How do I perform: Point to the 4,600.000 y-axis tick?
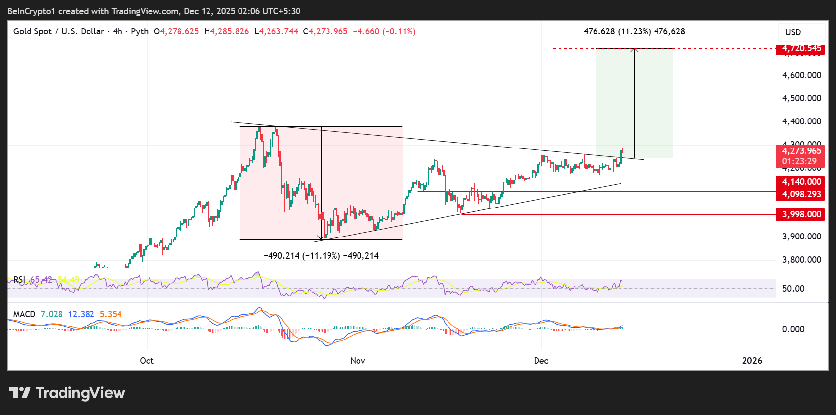(802, 75)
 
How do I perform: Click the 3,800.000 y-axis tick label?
(802, 260)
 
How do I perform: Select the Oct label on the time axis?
(147, 361)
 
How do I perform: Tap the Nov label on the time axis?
(358, 361)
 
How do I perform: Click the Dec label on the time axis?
(541, 361)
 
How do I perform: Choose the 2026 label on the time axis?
(752, 361)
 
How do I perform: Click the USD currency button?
(793, 32)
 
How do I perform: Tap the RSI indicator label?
(19, 280)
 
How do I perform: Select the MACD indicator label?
(24, 314)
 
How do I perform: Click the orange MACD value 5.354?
(111, 314)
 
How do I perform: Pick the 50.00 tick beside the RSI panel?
(793, 289)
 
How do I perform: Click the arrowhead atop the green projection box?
(635, 49)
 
